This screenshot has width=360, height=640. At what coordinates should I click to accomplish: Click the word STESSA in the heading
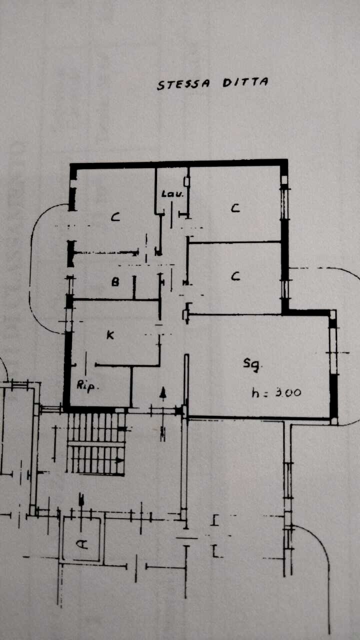click(x=183, y=84)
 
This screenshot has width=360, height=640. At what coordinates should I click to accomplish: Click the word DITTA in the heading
click(x=245, y=82)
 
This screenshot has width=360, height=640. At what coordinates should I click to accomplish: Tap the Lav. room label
click(x=172, y=194)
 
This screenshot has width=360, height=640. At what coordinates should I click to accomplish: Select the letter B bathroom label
click(x=115, y=282)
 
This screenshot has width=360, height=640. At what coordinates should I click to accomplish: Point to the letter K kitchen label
click(x=110, y=335)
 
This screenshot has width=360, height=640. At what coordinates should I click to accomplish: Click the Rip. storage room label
click(x=87, y=386)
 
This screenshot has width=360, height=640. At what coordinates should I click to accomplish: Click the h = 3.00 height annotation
click(x=276, y=392)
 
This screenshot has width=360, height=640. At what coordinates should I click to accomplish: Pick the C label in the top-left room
click(x=115, y=217)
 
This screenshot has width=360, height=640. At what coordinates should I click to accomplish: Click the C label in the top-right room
click(x=235, y=208)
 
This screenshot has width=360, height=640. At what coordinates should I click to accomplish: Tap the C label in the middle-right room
click(x=235, y=276)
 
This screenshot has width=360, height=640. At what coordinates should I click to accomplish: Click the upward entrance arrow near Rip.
click(x=163, y=394)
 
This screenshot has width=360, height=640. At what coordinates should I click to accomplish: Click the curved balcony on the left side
click(x=30, y=268)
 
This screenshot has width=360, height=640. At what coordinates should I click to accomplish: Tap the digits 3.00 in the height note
click(x=288, y=393)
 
